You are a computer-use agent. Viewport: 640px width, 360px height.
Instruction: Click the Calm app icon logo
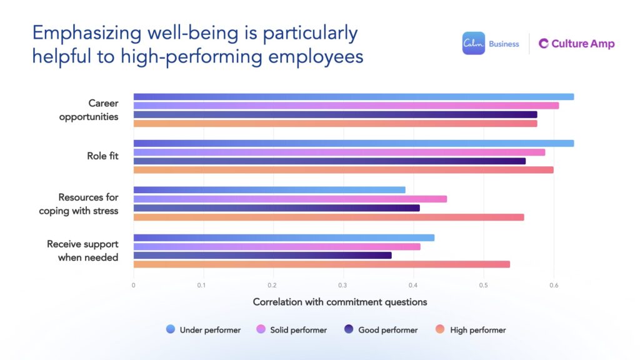[473, 43]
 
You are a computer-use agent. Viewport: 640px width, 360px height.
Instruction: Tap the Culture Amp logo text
[576, 44]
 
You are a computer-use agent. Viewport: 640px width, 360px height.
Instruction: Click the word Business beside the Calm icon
[504, 44]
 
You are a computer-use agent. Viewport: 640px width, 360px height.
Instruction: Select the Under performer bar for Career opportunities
[353, 97]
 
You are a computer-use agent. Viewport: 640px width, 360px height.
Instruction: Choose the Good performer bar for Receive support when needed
[262, 255]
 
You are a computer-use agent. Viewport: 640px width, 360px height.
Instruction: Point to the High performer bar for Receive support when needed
[321, 264]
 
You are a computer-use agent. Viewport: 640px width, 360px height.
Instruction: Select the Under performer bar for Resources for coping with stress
[269, 190]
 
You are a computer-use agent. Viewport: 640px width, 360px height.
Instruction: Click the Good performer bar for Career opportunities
[335, 114]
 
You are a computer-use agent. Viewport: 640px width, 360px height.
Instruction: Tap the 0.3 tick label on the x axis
[342, 285]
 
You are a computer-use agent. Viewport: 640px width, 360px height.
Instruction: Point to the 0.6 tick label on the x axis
[553, 285]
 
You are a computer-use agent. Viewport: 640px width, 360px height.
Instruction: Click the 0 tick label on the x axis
[133, 285]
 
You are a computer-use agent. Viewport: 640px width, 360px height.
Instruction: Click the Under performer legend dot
[171, 329]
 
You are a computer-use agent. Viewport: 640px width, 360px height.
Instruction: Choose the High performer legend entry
[471, 329]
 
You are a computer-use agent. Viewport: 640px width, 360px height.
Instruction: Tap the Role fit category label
[102, 156]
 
